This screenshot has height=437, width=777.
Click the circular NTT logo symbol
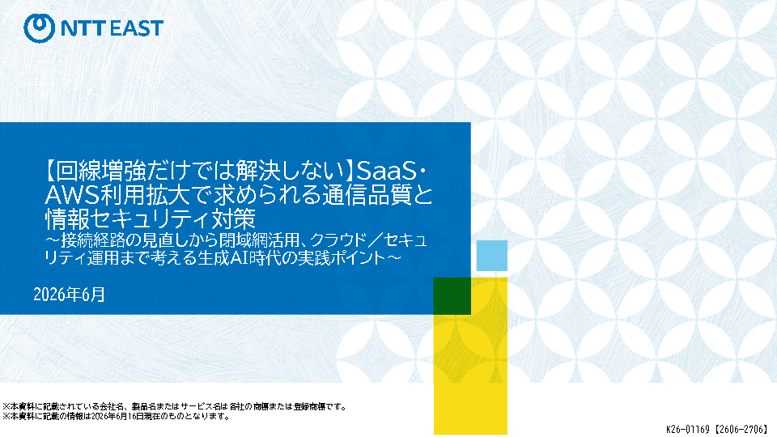39,28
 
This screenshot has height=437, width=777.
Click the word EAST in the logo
136,28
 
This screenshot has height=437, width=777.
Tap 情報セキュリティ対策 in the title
151,219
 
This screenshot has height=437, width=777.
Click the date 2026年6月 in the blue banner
69,295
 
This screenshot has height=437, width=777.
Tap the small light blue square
491,256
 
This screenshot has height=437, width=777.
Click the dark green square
452,296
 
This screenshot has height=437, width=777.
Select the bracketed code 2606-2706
742,429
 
